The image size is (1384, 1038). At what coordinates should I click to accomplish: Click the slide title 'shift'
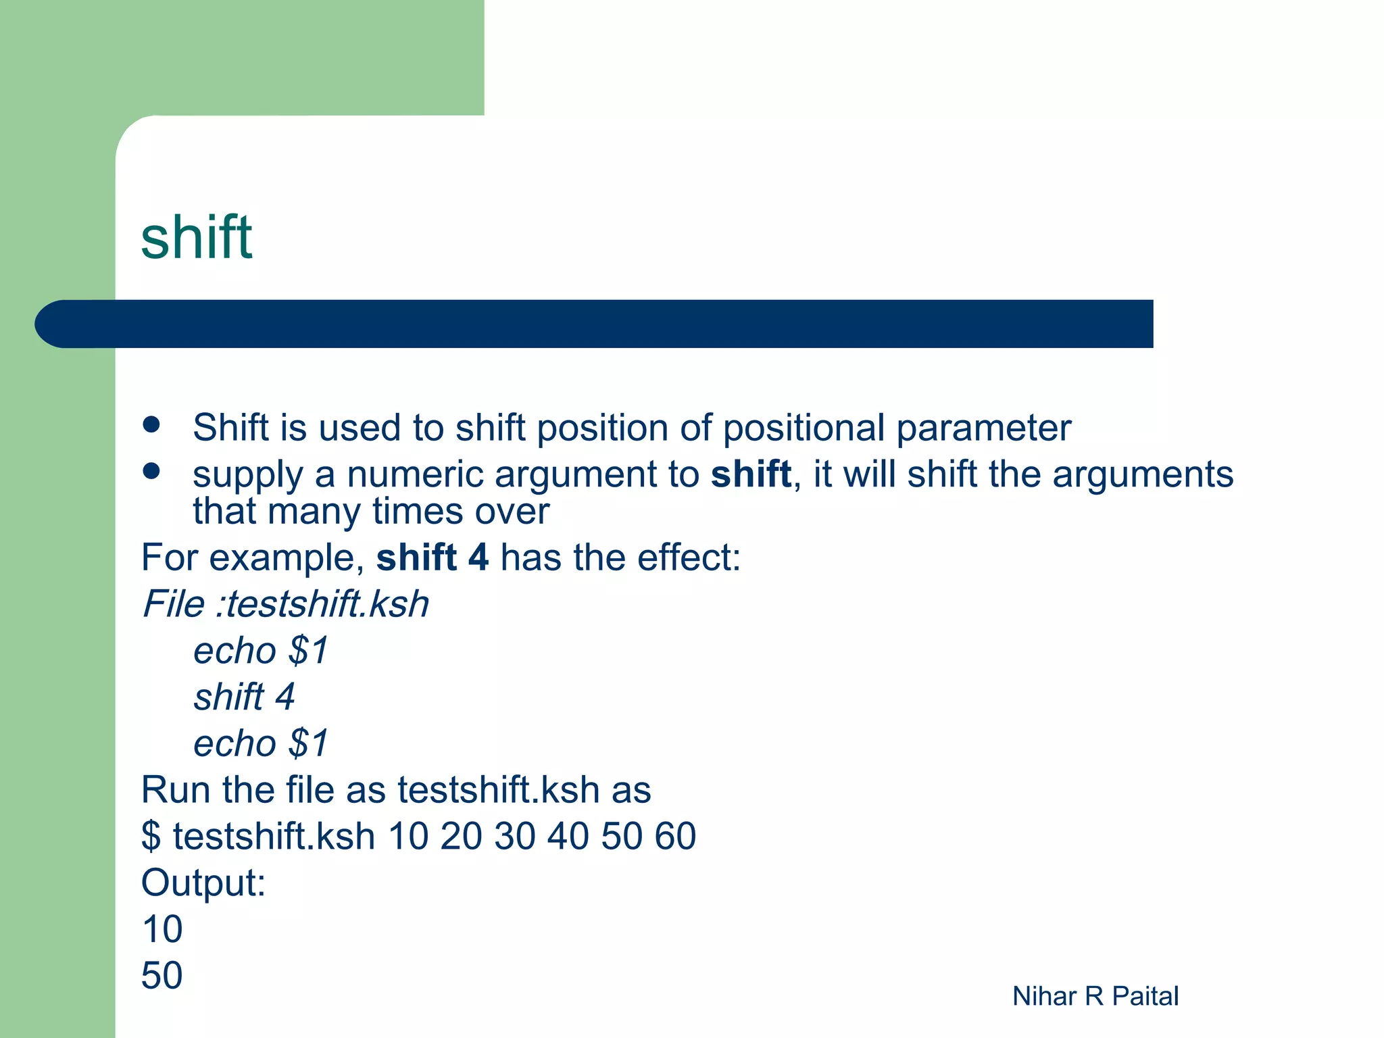coord(196,237)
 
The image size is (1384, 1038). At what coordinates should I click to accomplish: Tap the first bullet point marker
coord(151,424)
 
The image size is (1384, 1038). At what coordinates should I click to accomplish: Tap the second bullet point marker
coord(151,471)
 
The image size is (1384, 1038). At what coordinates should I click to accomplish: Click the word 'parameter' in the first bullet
coord(983,428)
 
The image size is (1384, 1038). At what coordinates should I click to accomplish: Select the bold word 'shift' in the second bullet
coord(751,474)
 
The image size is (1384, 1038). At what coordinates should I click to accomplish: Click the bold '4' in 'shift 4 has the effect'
coord(478,558)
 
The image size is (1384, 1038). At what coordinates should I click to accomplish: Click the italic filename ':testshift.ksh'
coord(322,603)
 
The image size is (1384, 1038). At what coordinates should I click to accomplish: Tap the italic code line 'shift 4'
coord(244,697)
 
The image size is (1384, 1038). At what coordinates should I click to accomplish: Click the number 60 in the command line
coord(674,836)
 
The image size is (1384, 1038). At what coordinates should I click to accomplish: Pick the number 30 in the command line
coord(514,836)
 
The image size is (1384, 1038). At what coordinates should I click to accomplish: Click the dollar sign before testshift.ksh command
coord(151,837)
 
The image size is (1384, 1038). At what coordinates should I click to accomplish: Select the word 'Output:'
coord(203,883)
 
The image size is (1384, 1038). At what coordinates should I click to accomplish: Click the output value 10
coord(162,929)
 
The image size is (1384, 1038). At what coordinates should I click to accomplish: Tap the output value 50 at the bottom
coord(162,975)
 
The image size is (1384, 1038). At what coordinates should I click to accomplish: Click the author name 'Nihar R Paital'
coord(1095,996)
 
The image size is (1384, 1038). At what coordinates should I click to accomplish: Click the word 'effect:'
coord(689,558)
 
